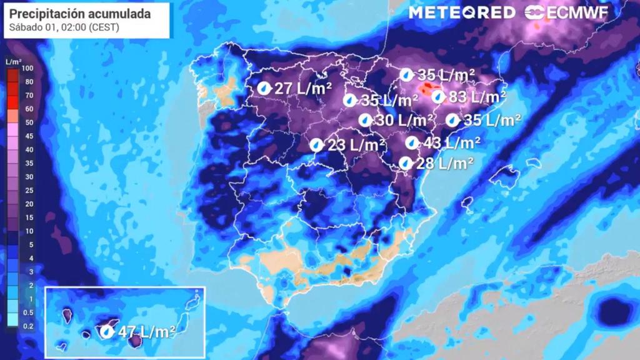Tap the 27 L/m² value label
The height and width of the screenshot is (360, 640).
(302, 88)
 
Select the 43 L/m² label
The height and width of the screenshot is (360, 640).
(451, 142)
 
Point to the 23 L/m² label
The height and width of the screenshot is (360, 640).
(356, 145)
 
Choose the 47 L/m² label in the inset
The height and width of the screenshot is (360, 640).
(146, 332)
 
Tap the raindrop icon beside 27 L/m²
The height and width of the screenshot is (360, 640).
(264, 88)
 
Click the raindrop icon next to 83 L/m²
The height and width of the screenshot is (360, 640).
(438, 97)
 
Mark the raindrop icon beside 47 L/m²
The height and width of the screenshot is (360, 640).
(107, 331)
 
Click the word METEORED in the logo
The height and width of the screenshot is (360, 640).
(462, 12)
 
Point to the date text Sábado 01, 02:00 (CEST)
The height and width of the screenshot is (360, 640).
(65, 27)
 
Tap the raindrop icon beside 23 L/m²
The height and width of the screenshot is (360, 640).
(317, 145)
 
